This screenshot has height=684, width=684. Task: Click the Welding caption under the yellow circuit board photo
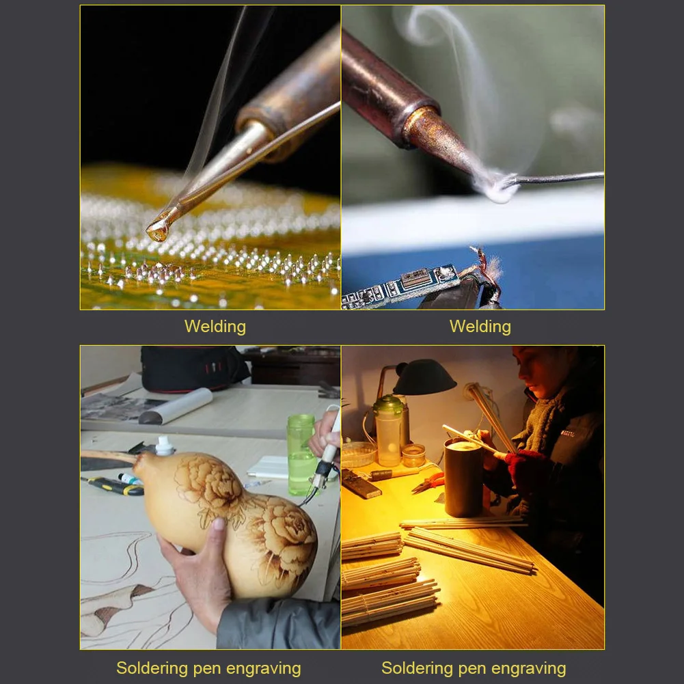coord(215,327)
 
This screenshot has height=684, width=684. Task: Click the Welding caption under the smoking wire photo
coord(480,327)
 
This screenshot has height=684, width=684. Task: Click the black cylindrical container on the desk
coord(463,478)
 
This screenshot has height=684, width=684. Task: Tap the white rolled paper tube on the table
coord(176,407)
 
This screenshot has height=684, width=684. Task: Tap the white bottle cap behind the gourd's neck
coord(165,446)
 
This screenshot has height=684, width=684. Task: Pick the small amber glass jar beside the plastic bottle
coord(413,455)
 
